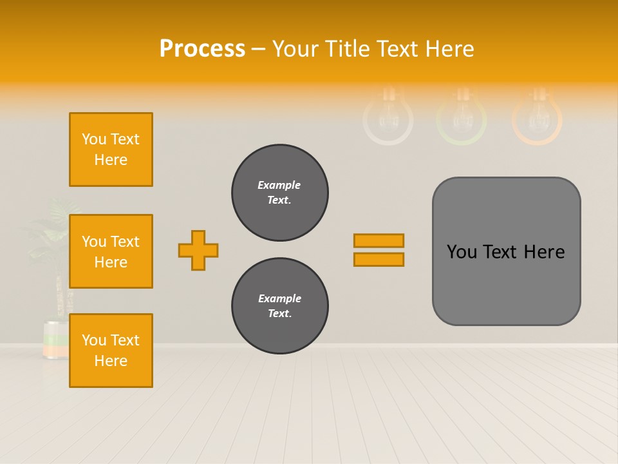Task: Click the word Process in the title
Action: pyautogui.click(x=202, y=49)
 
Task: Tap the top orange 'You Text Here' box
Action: pyautogui.click(x=111, y=150)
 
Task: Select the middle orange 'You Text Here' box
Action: pyautogui.click(x=111, y=251)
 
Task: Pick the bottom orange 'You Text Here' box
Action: pyautogui.click(x=111, y=351)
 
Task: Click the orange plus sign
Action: pyautogui.click(x=198, y=250)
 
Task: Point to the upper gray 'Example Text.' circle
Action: pyautogui.click(x=280, y=193)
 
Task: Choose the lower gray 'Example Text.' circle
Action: pyautogui.click(x=280, y=306)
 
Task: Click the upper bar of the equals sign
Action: pyautogui.click(x=379, y=241)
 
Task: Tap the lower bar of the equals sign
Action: pyautogui.click(x=379, y=260)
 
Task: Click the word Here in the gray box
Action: pyautogui.click(x=544, y=252)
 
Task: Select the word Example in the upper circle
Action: pyautogui.click(x=279, y=185)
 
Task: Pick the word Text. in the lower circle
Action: pyautogui.click(x=279, y=314)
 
